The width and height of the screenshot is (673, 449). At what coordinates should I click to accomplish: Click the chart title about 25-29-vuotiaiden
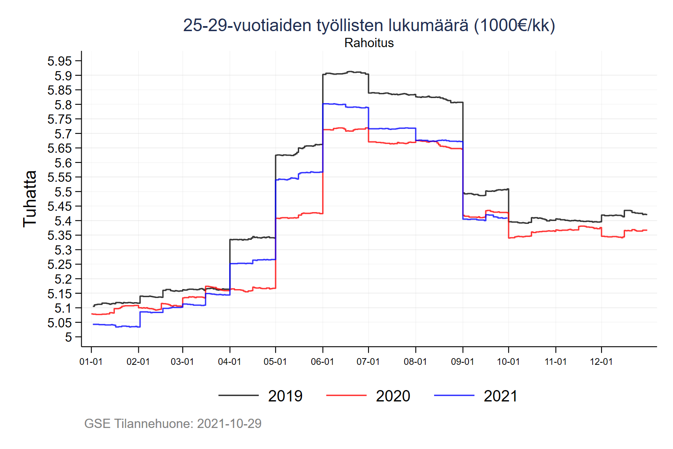coord(369,25)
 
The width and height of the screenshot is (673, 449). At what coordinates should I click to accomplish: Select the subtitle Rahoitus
coord(369,43)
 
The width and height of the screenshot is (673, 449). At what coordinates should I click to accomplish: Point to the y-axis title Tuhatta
coord(30,199)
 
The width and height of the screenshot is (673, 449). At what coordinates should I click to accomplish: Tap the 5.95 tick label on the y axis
coord(59,61)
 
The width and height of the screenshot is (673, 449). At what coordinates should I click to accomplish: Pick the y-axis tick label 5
coord(68,337)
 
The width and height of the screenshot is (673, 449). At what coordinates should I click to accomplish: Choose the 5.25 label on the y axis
coord(59,265)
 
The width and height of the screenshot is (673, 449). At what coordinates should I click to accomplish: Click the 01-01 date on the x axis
coord(91,362)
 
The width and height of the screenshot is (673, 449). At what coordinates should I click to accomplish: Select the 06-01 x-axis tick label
coord(322,362)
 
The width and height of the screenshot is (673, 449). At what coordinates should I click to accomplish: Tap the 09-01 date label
coord(462,362)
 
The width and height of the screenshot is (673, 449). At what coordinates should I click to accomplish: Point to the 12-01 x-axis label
coord(601,362)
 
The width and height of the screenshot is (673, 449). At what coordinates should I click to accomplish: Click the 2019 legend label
coord(285,396)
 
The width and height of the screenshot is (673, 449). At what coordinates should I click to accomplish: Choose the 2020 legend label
coord(393,396)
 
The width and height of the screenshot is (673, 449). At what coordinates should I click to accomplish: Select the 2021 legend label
coord(501,396)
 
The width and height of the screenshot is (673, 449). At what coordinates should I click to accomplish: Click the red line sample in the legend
coord(346,396)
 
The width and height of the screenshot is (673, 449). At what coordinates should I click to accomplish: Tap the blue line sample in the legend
coord(454,396)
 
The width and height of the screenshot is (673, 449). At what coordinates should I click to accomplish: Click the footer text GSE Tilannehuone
coord(138,423)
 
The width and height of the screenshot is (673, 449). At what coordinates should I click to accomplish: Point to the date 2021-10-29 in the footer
coord(229,423)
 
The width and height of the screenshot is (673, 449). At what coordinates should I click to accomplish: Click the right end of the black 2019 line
coord(647,215)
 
